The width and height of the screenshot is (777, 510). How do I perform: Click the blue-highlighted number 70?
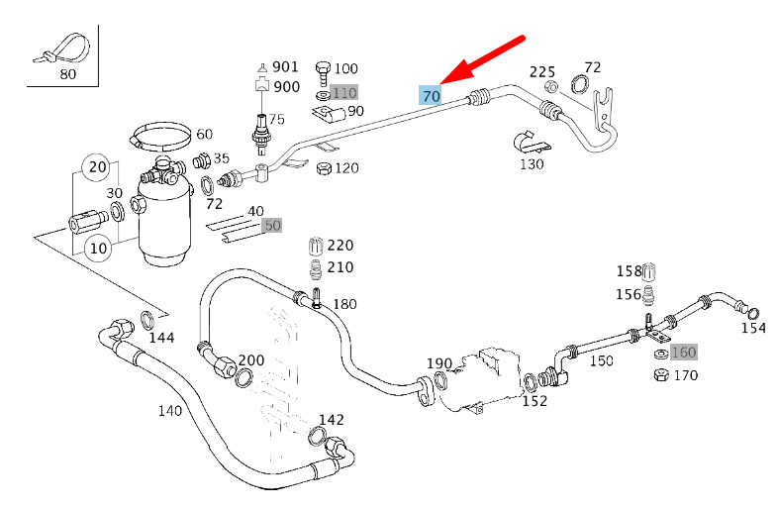431,96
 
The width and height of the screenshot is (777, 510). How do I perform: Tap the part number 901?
286,66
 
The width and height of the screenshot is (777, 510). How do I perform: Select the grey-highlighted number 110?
344,92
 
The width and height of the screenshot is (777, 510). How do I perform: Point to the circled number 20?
96,166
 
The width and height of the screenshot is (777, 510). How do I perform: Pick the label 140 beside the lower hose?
170,409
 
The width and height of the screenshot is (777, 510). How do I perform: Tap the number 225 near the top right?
542,71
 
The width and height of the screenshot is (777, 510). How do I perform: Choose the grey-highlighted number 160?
684,352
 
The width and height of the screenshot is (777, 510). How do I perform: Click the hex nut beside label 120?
322,168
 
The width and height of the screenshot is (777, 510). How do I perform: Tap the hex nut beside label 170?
659,374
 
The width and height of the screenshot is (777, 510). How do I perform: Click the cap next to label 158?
651,271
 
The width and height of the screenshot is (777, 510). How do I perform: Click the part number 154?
754,327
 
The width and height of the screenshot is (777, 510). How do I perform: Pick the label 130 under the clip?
532,163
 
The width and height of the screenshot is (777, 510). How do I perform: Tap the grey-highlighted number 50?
272,225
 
